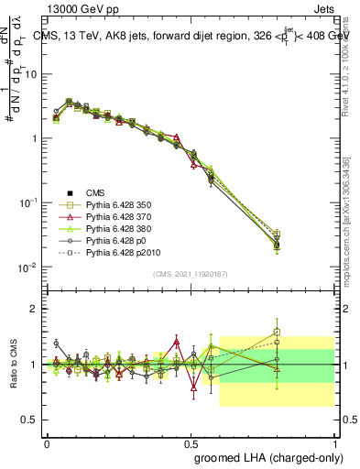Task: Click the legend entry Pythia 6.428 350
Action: [118, 204]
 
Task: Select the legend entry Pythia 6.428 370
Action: [118, 216]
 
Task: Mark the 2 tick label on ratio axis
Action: [34, 310]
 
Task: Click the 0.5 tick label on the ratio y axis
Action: [30, 420]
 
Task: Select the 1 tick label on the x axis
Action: [334, 442]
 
